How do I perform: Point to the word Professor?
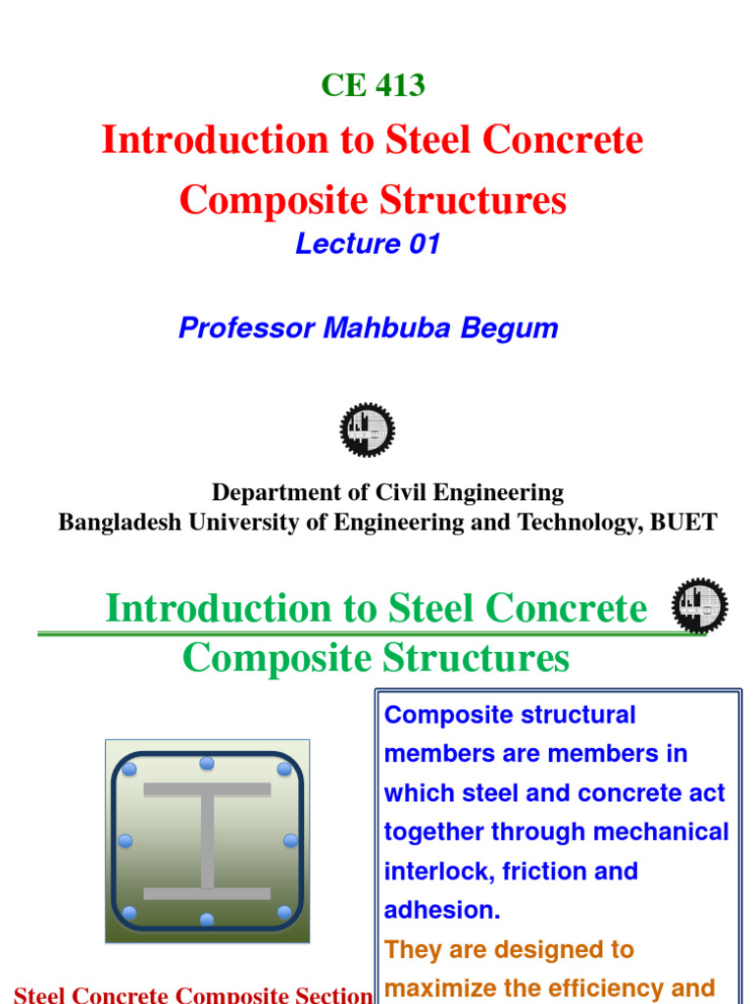pos(243,327)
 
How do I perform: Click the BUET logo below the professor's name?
pos(368,429)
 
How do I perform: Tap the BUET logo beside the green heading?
pos(699,605)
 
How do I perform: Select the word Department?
pos(271,492)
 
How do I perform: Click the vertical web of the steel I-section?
pos(207,840)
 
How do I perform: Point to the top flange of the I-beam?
pos(207,789)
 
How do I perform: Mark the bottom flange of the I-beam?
pos(207,893)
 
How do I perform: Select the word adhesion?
pos(439,911)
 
